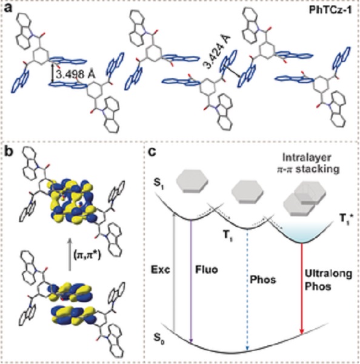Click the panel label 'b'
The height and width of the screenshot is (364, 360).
click(9, 152)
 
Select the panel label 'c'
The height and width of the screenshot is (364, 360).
click(152, 152)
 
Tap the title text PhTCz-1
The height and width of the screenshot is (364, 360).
click(330, 10)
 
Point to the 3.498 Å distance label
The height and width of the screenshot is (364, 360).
click(76, 75)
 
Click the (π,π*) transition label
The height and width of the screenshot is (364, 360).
click(87, 255)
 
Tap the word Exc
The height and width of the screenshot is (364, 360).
click(161, 270)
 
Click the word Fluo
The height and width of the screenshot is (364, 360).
click(207, 269)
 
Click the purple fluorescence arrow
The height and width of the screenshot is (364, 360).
click(191, 281)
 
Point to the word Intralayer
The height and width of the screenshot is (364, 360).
click(307, 158)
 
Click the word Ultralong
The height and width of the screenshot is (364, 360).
click(328, 274)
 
